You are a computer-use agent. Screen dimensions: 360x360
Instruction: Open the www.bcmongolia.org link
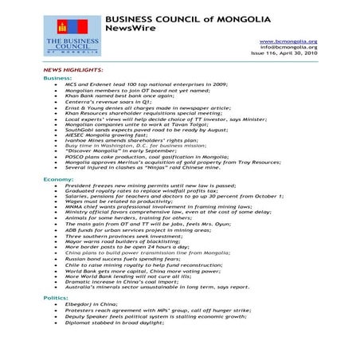click(x=289, y=41)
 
